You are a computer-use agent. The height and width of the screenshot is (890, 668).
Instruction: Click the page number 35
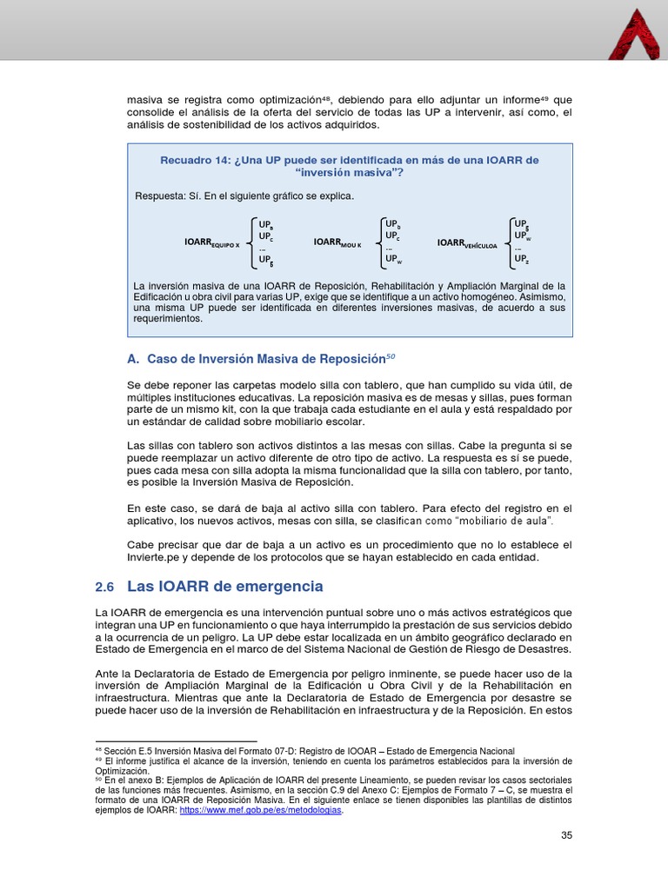tap(566, 835)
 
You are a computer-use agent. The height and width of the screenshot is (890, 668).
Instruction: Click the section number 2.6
tap(104, 588)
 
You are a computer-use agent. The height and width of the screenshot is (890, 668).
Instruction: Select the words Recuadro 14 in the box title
tap(195, 160)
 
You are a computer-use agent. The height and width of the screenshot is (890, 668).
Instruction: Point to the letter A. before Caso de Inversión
tap(133, 359)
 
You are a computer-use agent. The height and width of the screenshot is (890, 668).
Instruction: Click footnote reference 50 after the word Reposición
tap(390, 355)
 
